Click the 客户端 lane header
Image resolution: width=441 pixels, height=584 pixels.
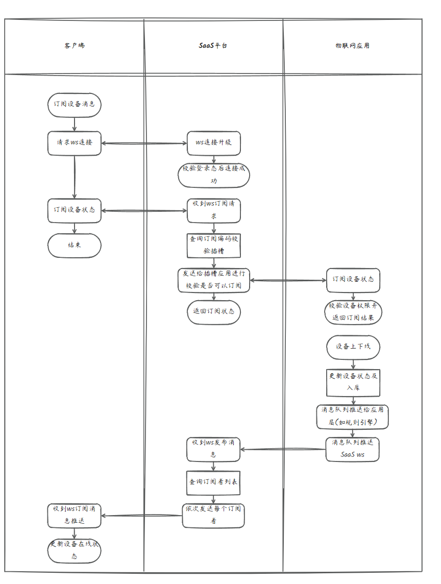(75, 46)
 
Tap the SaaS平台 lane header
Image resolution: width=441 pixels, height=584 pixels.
(213, 46)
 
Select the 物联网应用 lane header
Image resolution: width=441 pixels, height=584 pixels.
(352, 46)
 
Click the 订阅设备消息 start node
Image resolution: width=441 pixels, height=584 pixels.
(75, 105)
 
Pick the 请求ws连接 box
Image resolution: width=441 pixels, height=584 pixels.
(75, 143)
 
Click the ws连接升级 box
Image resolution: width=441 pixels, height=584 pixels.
(213, 143)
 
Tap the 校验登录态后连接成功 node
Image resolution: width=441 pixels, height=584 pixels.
(213, 175)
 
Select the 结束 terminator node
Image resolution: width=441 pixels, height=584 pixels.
(75, 246)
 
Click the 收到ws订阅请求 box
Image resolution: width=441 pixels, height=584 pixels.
(213, 210)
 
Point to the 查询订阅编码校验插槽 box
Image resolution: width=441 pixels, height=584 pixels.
(213, 245)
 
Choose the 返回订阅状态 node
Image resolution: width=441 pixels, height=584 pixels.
(213, 311)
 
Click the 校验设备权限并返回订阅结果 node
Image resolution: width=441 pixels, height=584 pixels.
(353, 311)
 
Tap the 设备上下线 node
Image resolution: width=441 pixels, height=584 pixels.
(353, 347)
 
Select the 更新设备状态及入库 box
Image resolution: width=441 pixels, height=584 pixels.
(353, 382)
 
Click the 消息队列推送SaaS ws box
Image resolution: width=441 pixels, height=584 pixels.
(352, 449)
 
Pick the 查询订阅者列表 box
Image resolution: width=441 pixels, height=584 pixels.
(213, 482)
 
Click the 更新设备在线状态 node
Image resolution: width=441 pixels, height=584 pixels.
(75, 551)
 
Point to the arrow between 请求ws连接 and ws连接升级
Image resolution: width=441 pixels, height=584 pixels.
(144, 143)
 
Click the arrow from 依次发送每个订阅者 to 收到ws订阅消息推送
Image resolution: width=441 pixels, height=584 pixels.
(141, 516)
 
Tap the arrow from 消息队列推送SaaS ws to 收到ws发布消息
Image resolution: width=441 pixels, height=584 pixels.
(283, 449)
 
